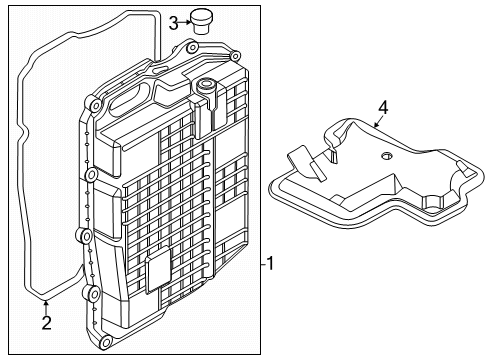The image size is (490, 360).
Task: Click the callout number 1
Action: coord(270,263)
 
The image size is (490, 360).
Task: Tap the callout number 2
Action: coord(47,323)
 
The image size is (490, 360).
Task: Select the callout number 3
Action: coord(173,23)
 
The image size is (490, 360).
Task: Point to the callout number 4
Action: coord(383,108)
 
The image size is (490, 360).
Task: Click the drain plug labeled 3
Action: coord(201,21)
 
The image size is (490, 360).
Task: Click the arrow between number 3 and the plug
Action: coord(184,23)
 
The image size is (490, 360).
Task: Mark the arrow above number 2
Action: coord(46,307)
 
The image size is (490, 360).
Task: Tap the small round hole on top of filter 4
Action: coord(386,155)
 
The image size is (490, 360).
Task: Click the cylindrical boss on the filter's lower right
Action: coord(432,201)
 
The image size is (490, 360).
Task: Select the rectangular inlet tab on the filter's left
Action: coord(306,163)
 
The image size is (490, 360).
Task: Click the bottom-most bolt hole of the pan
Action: coord(106,342)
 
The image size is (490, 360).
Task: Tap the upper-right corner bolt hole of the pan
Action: coord(235,56)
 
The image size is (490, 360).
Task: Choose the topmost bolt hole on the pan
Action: coord(192,48)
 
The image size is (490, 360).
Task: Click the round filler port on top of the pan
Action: coord(205,85)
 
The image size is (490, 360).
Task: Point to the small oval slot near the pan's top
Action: coord(159,70)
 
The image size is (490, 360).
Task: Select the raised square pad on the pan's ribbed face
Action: coord(158,270)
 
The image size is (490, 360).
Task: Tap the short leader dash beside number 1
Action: coord(263,264)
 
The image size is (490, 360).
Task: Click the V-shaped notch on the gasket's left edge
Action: coord(24,133)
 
